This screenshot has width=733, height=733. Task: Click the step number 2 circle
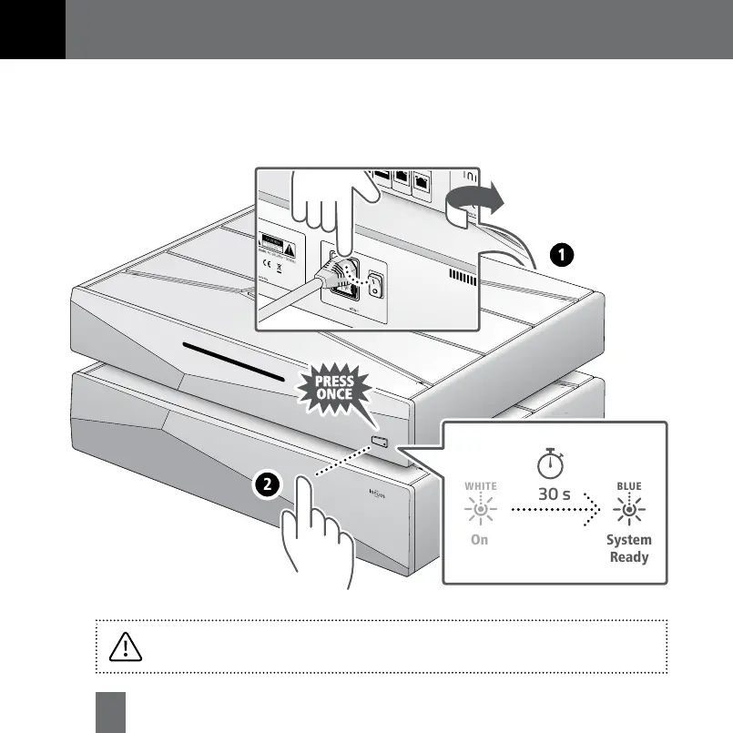click(266, 486)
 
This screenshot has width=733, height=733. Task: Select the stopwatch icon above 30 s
click(550, 463)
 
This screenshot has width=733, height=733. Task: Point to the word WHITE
click(480, 486)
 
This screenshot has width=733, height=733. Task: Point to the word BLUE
click(628, 486)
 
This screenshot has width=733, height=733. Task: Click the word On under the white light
click(480, 540)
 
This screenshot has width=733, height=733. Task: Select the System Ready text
click(629, 547)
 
